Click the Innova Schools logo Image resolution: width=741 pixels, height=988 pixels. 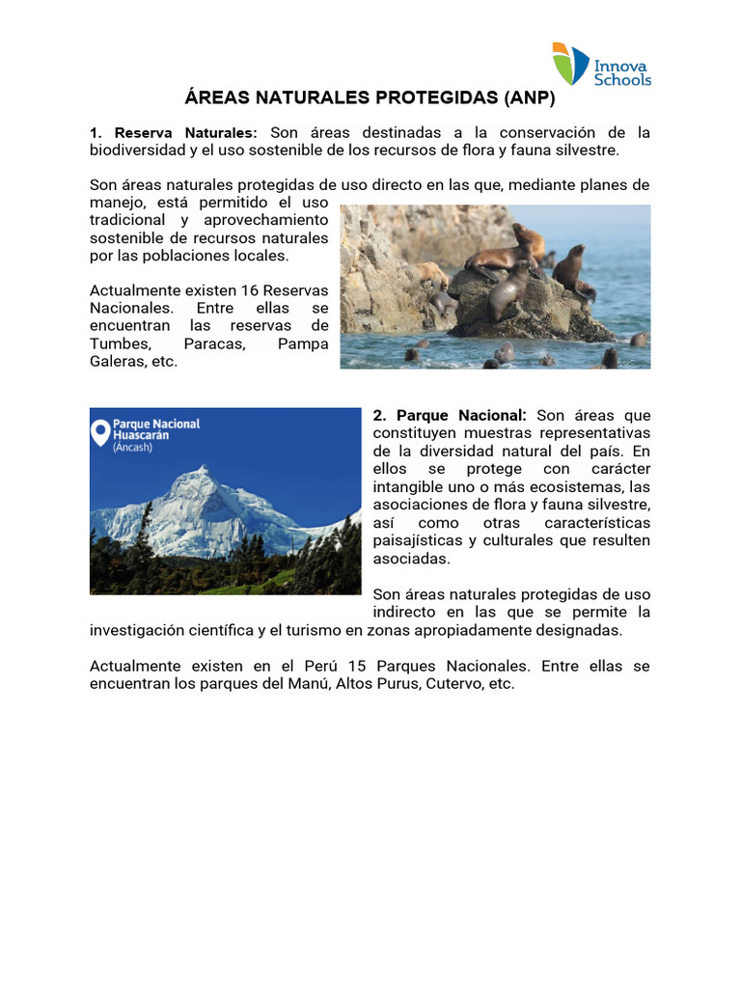click(x=601, y=64)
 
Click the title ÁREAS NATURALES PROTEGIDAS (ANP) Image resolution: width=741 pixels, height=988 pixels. click(x=370, y=97)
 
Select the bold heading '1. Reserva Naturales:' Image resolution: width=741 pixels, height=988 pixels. click(x=174, y=133)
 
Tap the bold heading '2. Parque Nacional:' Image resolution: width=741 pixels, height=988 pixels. click(x=450, y=415)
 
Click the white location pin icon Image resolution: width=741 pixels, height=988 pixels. click(x=99, y=433)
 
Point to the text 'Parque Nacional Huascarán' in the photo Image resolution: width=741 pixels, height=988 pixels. click(x=156, y=429)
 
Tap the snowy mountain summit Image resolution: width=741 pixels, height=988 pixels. click(x=202, y=474)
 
